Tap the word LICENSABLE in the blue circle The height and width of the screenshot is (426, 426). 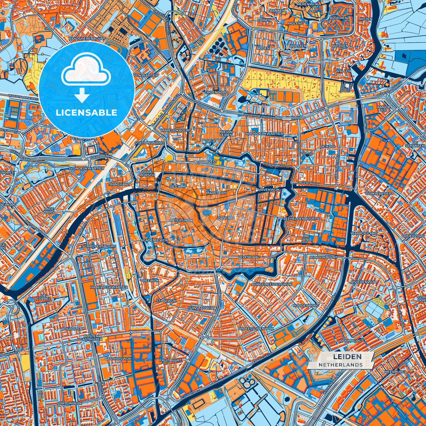point(87,112)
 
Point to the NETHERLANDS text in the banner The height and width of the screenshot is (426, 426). point(341,365)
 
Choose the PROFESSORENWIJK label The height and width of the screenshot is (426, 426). point(256,328)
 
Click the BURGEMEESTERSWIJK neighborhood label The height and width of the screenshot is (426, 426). point(272,284)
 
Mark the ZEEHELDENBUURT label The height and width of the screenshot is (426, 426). point(300,219)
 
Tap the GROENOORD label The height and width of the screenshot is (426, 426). point(216,92)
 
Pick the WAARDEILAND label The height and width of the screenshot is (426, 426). point(364,233)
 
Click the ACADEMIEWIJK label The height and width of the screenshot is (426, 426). point(155,240)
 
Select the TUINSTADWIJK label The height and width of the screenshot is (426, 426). point(201,308)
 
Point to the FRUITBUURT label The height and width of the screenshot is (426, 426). point(170,360)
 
